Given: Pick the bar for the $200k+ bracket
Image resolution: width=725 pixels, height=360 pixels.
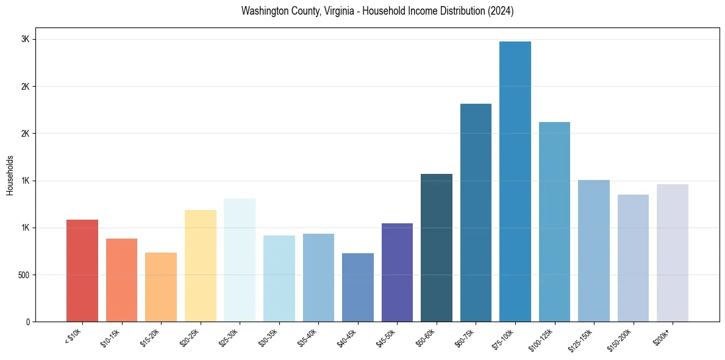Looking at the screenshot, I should point(673,253).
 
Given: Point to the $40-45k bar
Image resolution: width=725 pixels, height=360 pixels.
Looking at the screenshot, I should point(358,287).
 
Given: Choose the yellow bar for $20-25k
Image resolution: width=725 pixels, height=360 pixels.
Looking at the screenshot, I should point(201,265).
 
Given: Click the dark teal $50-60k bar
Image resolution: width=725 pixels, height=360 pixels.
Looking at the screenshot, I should point(437,248).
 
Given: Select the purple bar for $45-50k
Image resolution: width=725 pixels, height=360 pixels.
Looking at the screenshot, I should point(397,272).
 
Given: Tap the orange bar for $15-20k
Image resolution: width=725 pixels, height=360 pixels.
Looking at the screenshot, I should point(161,287).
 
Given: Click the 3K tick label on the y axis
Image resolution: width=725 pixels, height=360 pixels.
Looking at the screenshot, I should point(26,39).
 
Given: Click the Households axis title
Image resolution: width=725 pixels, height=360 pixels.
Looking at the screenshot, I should point(10,175).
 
